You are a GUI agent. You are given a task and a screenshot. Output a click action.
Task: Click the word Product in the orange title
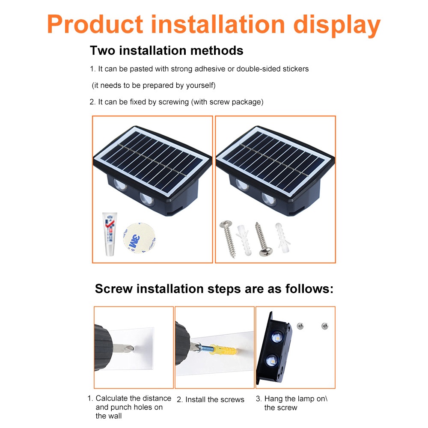95,24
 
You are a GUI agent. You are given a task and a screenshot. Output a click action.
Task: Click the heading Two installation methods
166,51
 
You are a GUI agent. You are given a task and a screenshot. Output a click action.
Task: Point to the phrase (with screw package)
227,102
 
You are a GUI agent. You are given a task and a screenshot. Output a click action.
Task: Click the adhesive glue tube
110,234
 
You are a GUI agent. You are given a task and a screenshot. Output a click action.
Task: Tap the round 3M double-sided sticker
139,238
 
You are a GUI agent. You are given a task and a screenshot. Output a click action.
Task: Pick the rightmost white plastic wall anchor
282,238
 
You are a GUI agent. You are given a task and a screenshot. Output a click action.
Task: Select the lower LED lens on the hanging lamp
272,361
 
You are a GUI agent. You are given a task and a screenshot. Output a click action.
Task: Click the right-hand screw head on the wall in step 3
324,326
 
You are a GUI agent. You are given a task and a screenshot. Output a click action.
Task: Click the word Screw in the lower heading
114,289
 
